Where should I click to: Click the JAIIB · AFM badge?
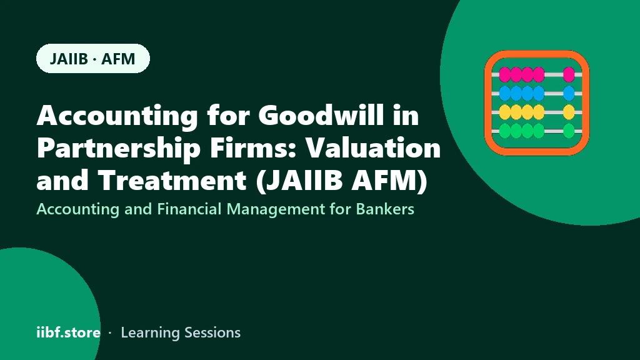[93, 58]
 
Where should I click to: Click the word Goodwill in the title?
[321, 115]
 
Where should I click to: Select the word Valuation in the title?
[374, 147]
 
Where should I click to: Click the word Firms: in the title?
[254, 147]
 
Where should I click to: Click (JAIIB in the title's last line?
[299, 180]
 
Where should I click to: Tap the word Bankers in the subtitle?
[385, 209]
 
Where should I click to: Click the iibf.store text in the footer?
[69, 332]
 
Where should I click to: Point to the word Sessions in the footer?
[212, 332]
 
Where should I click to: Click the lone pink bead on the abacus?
[569, 75]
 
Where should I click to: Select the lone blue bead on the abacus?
[569, 94]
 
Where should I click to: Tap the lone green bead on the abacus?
[569, 131]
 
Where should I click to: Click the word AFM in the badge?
[118, 59]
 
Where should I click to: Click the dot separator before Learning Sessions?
[110, 333]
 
